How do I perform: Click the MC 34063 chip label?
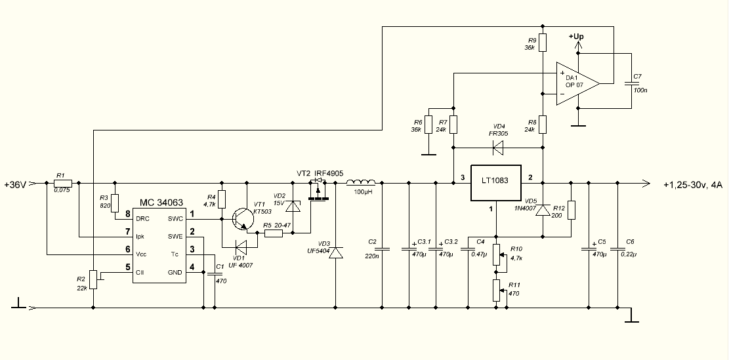coord(160,204)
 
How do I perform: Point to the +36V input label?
coord(15,184)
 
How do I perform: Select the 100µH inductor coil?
coord(361,182)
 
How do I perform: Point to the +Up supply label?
coord(576,37)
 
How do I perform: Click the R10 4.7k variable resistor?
coord(497,253)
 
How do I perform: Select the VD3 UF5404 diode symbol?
coord(335,253)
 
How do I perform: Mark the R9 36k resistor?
coord(542,41)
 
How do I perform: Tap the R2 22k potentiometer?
coord(94,279)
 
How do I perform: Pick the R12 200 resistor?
coord(572,210)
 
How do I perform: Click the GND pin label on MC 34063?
coord(175,272)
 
